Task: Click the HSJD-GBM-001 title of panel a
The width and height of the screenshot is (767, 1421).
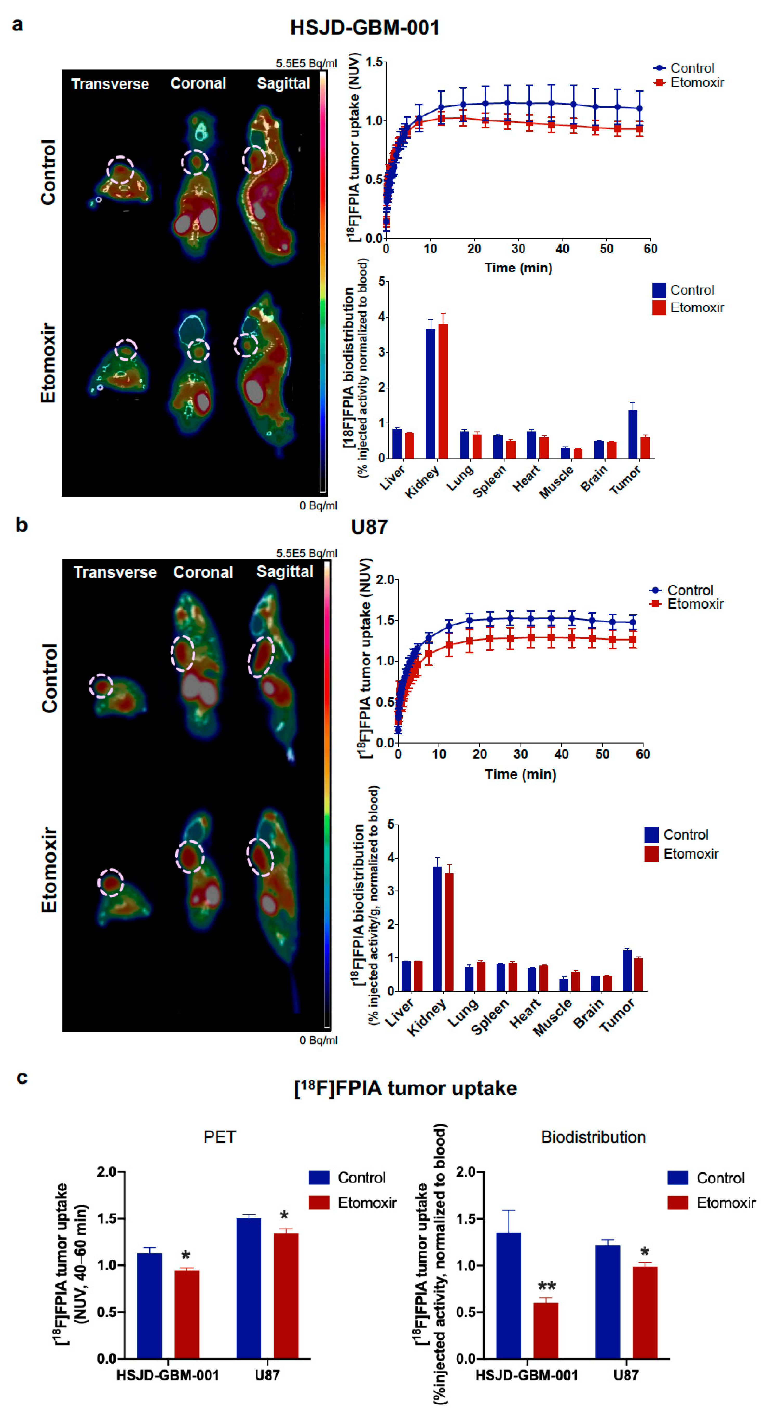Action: click(x=365, y=28)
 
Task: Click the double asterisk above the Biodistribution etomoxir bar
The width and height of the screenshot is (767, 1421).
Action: click(x=546, y=1287)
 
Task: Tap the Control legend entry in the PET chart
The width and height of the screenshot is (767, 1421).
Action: click(x=361, y=1178)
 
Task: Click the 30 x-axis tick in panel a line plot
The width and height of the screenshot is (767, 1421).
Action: click(x=518, y=249)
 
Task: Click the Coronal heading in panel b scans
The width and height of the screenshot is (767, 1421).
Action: click(x=203, y=572)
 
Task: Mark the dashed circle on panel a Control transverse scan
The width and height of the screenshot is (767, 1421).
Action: click(x=120, y=169)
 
